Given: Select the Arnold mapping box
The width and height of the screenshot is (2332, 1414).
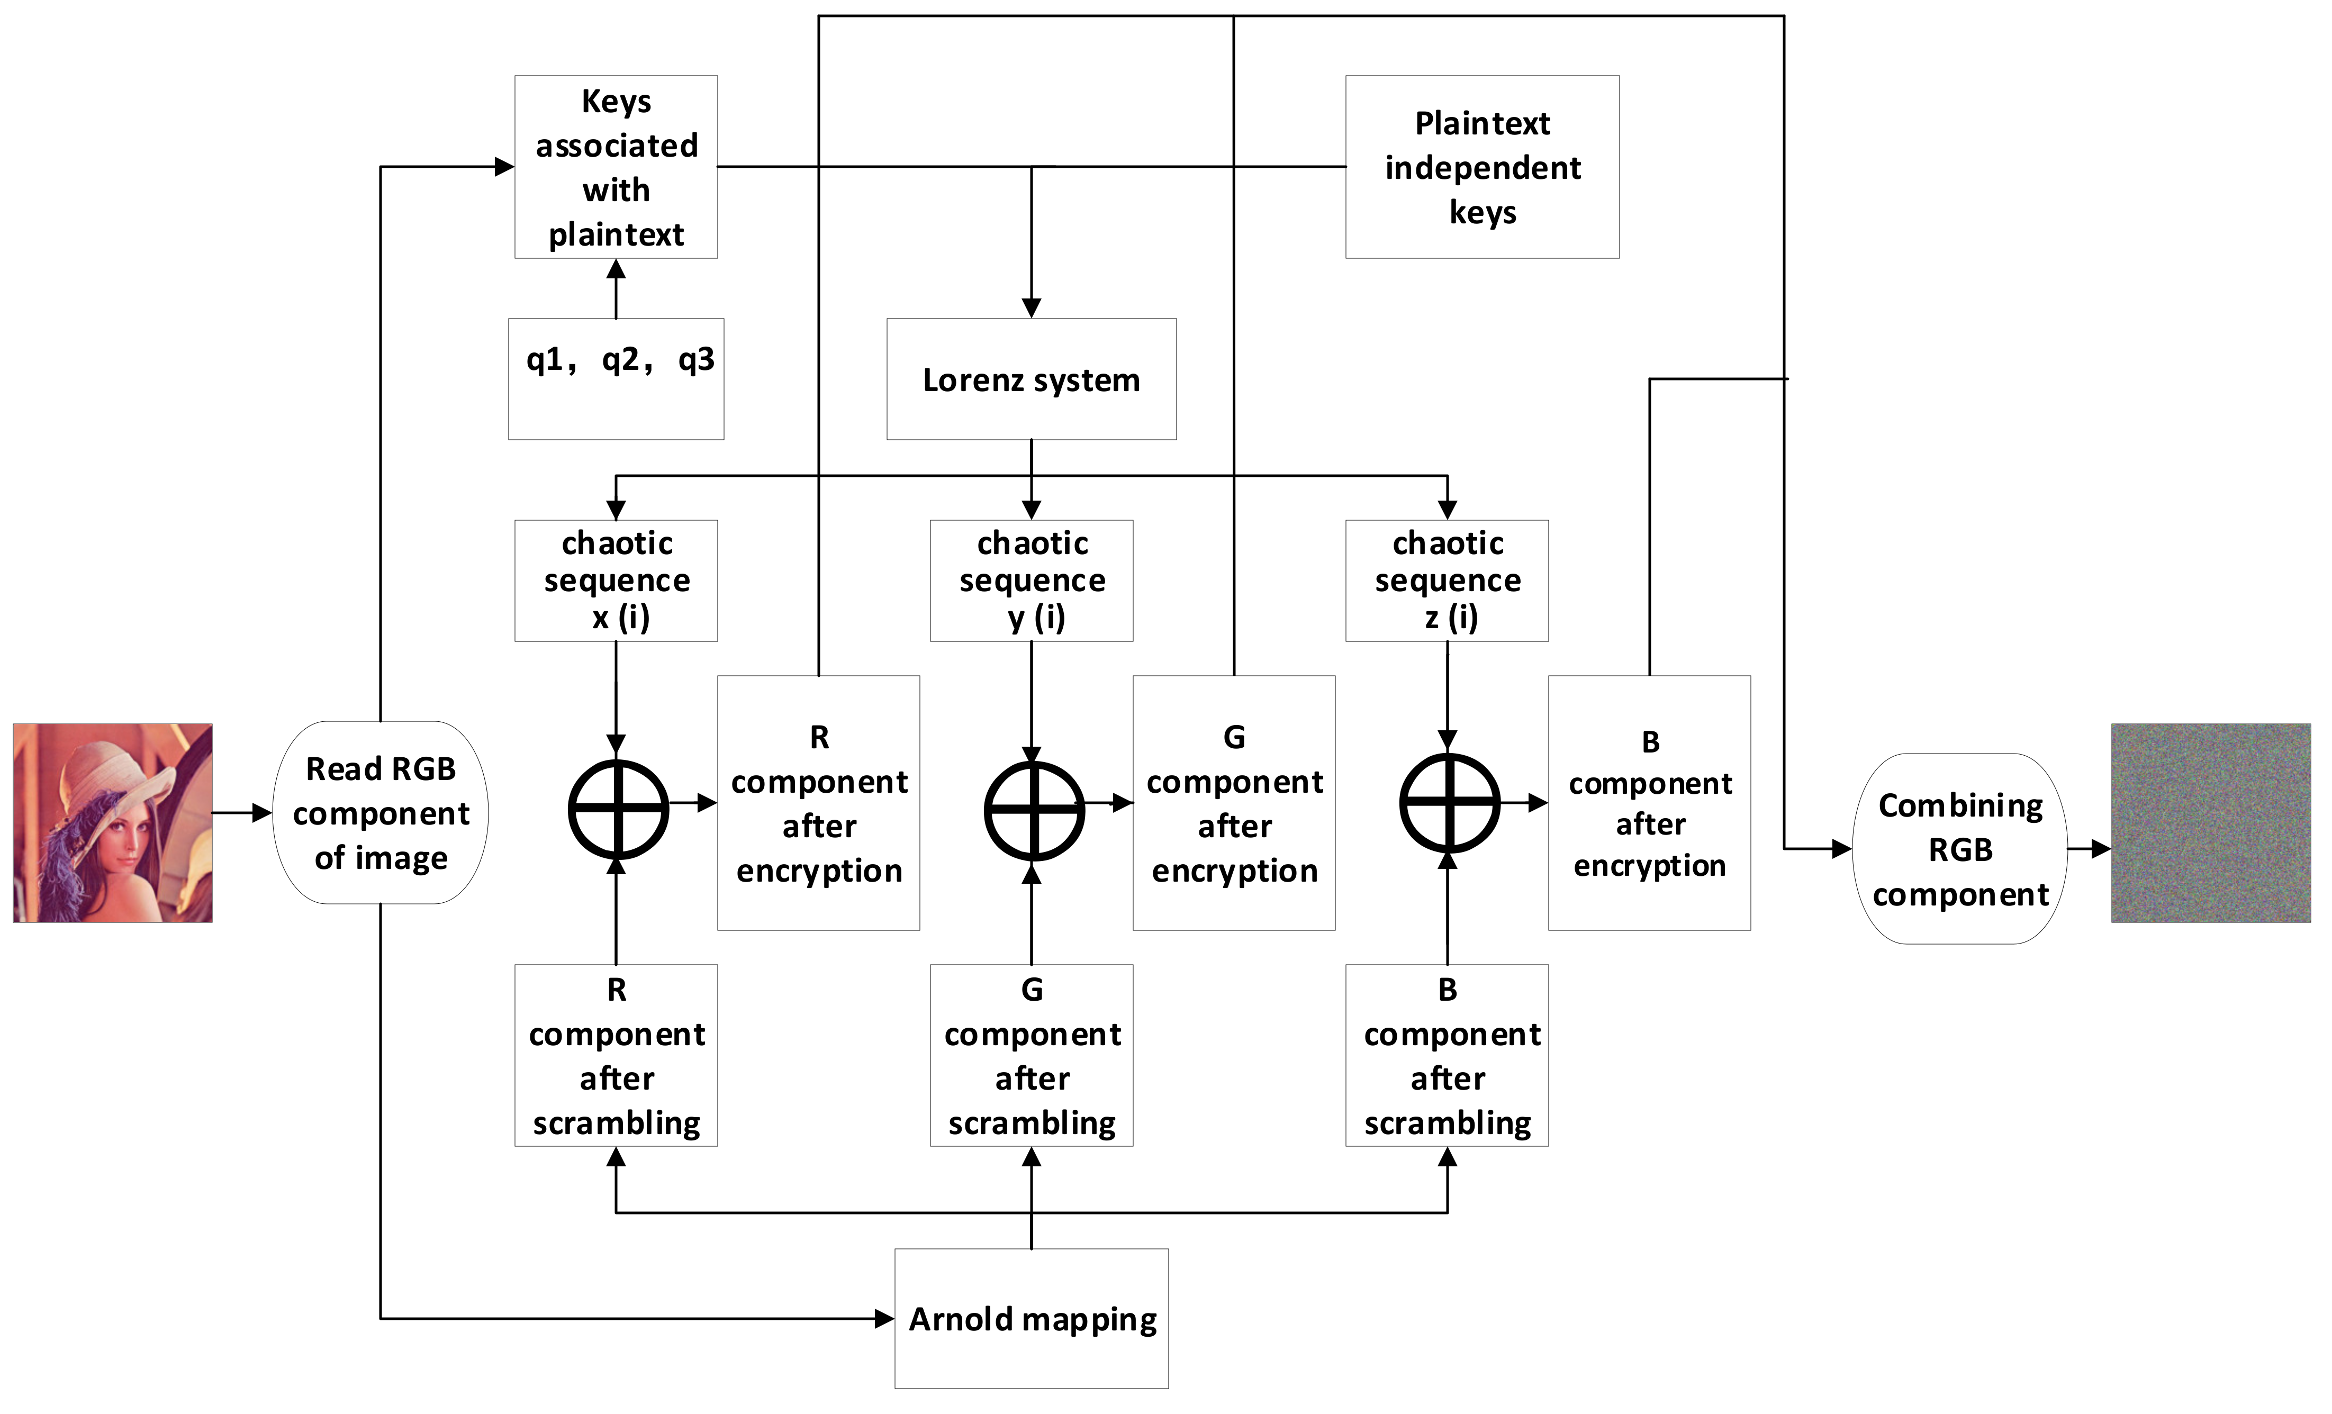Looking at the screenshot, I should [1031, 1318].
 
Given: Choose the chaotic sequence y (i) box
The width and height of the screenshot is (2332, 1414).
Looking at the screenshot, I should [1031, 579].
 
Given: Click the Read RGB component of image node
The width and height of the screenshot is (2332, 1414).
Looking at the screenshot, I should [381, 812].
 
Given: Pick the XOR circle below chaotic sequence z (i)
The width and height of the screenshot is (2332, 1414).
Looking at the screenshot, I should [1449, 803].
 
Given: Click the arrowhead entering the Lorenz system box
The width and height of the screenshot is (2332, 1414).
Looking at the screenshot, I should [1031, 307].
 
